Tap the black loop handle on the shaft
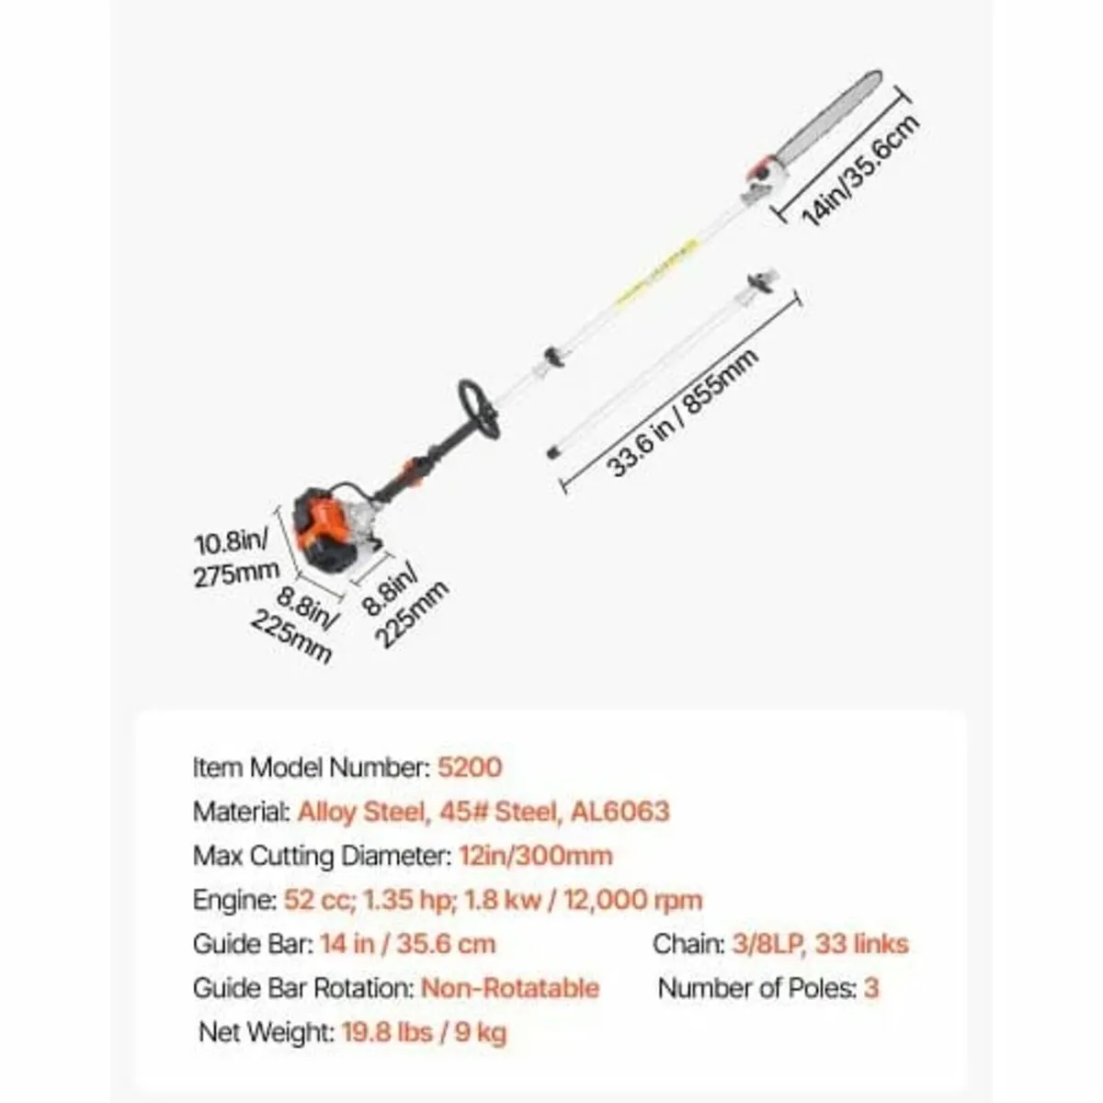479,409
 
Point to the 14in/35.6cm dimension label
860,169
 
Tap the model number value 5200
470,767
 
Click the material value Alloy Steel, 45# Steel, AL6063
483,811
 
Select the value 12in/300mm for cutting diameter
536,856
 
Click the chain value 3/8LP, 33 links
820,945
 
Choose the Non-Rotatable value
510,988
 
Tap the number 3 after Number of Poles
870,988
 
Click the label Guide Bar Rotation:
303,988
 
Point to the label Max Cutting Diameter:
323,857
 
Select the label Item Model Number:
312,767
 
